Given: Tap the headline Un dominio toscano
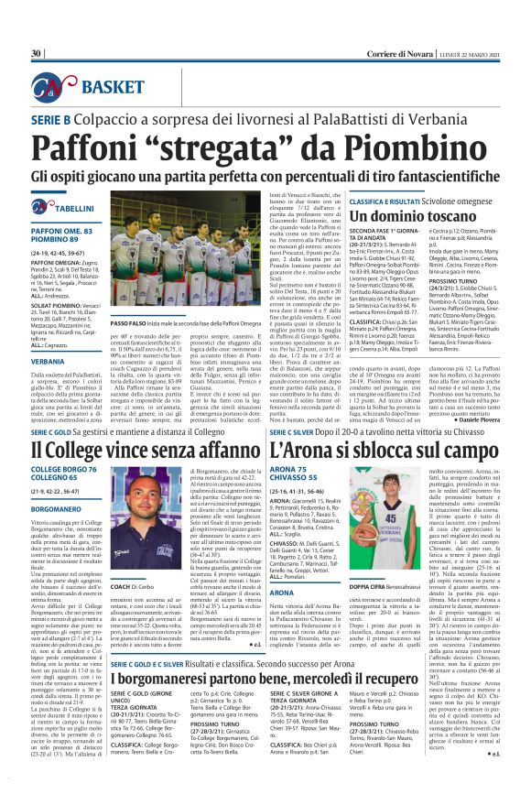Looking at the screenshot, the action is point(377,213).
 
